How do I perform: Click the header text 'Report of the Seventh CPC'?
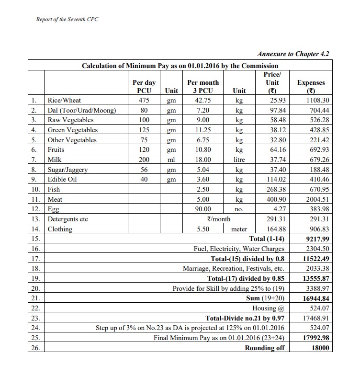point(67,19)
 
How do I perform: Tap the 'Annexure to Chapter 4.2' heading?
point(293,54)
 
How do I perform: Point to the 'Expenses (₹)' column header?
point(311,86)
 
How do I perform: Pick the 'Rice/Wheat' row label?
point(64,101)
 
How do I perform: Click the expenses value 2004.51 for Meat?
point(318,199)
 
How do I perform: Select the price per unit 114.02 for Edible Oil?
point(272,179)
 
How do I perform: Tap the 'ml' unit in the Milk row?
point(171,160)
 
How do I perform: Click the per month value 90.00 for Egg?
point(203,209)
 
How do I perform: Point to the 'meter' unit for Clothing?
point(239,229)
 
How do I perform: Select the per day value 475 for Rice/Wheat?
point(144,101)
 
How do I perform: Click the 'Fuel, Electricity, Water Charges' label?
point(239,249)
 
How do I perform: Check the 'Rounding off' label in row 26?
point(265,348)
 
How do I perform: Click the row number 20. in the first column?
point(35,288)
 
